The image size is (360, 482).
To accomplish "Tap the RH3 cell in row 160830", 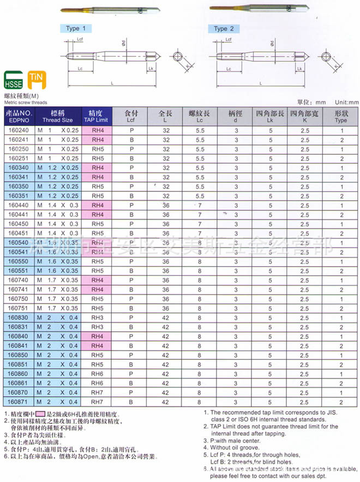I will (97, 317).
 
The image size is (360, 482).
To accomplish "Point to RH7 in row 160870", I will (97, 393).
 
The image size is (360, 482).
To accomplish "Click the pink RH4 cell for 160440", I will (97, 205).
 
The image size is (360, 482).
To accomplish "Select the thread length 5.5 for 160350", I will (200, 186).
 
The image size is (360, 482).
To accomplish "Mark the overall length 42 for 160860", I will (166, 373).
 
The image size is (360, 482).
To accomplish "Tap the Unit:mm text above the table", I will (346, 102).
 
